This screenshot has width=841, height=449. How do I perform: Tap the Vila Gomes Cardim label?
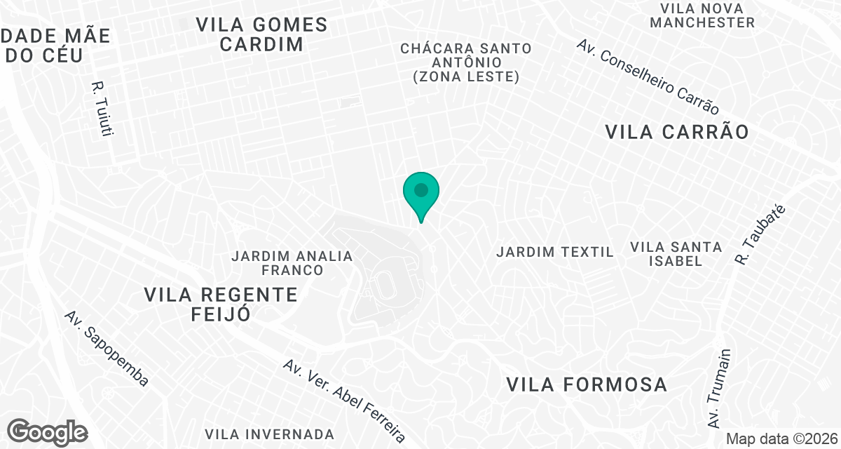coord(262,34)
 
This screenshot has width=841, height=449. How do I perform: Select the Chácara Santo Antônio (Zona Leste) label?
coord(466,62)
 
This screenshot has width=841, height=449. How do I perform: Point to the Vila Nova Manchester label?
coord(702,15)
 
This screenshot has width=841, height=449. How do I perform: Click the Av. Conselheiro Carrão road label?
coord(648,77)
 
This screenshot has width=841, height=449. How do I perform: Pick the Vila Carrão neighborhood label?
coord(677,132)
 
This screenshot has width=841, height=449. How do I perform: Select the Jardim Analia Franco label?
coord(292,262)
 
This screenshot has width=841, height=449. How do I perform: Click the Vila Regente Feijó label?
coord(221,304)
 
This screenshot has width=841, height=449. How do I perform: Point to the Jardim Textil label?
coord(555,251)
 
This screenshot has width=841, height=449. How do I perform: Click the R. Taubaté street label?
coord(761,235)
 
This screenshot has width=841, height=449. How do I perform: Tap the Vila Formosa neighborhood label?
coord(586,384)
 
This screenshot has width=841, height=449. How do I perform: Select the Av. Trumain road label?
coord(719,389)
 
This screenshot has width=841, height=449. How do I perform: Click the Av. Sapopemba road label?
coord(107,349)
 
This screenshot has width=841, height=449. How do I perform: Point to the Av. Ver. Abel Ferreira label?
coord(344,402)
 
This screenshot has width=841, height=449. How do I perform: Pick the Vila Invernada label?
coord(270,434)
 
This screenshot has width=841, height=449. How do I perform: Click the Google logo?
coord(48,431)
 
